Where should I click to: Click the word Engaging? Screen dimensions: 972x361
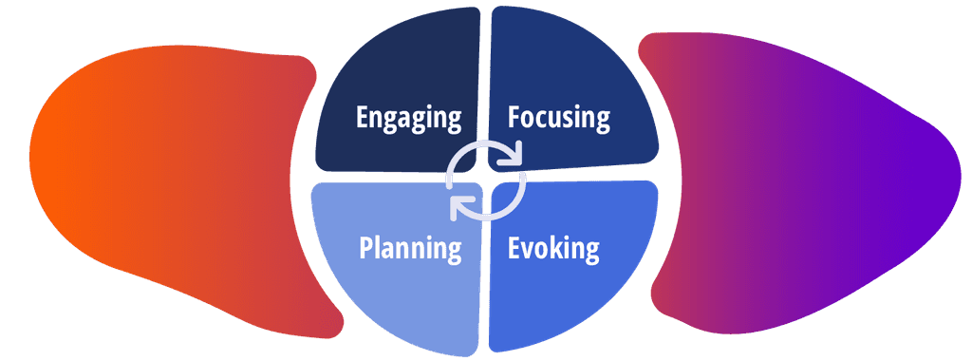point(408,118)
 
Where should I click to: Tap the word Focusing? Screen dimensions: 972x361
point(558,118)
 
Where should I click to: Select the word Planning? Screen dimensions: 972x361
point(410,249)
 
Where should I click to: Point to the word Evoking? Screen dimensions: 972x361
point(553,249)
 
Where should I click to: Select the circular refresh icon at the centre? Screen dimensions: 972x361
point(486,180)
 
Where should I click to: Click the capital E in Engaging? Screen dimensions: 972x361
point(363,118)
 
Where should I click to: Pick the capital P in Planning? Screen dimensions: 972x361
point(365,249)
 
